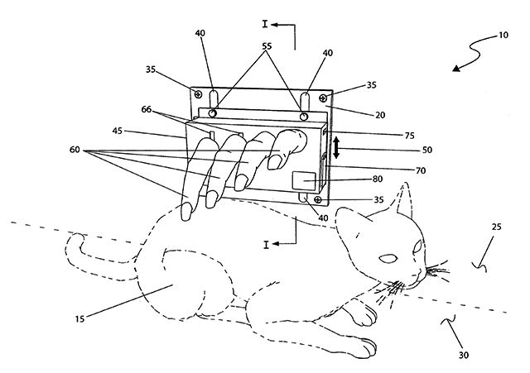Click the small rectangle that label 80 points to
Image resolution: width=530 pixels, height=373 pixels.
(x=305, y=179)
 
